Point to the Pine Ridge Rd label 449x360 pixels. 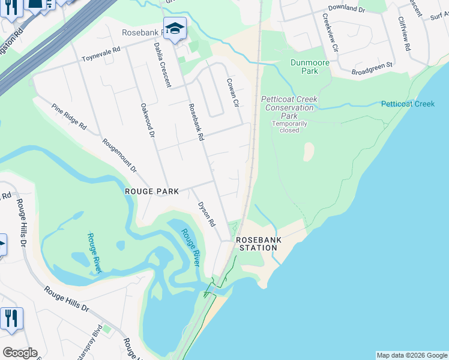[69, 118]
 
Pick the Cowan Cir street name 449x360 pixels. [233, 93]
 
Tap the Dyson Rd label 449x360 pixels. [206, 214]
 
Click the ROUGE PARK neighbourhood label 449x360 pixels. [152, 191]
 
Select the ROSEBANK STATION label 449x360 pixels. [259, 243]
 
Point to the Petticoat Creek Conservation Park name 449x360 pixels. [289, 107]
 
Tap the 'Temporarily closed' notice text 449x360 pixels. [289, 127]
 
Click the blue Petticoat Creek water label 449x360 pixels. [408, 104]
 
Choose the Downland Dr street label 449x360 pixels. [343, 8]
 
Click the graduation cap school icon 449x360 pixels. [175, 28]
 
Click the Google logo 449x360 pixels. [20, 353]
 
